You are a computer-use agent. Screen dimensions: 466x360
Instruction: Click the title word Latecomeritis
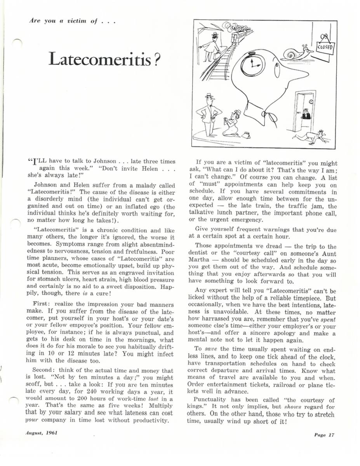pyautogui.click(x=99, y=59)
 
